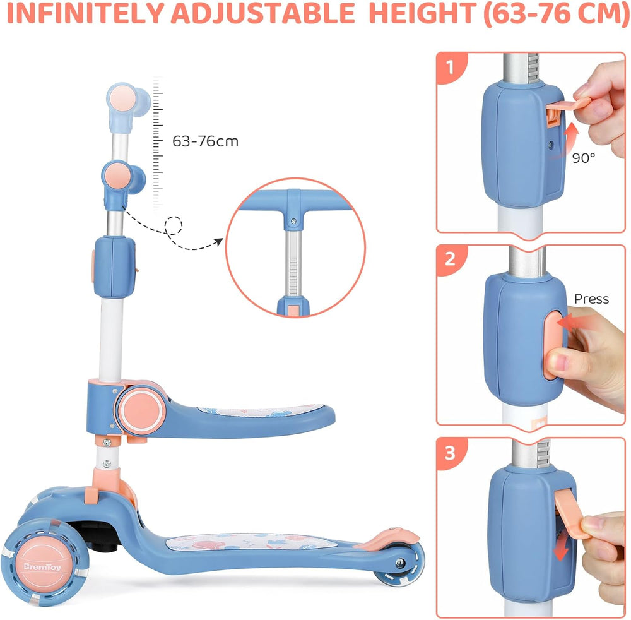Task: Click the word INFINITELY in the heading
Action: coord(86,13)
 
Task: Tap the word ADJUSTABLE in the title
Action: coord(263,13)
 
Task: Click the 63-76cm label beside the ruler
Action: coord(205,141)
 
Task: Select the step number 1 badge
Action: coord(451,67)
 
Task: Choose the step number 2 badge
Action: coord(451,258)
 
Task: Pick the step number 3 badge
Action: coord(451,453)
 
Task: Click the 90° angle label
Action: coord(583,158)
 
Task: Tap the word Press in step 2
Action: coord(591,299)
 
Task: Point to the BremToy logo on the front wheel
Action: coord(42,567)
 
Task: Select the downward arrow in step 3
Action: coord(562,545)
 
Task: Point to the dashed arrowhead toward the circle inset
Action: coord(218,242)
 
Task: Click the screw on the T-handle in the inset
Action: coord(294,221)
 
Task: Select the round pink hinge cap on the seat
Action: coord(141,410)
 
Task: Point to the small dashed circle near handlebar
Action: coord(174,225)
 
